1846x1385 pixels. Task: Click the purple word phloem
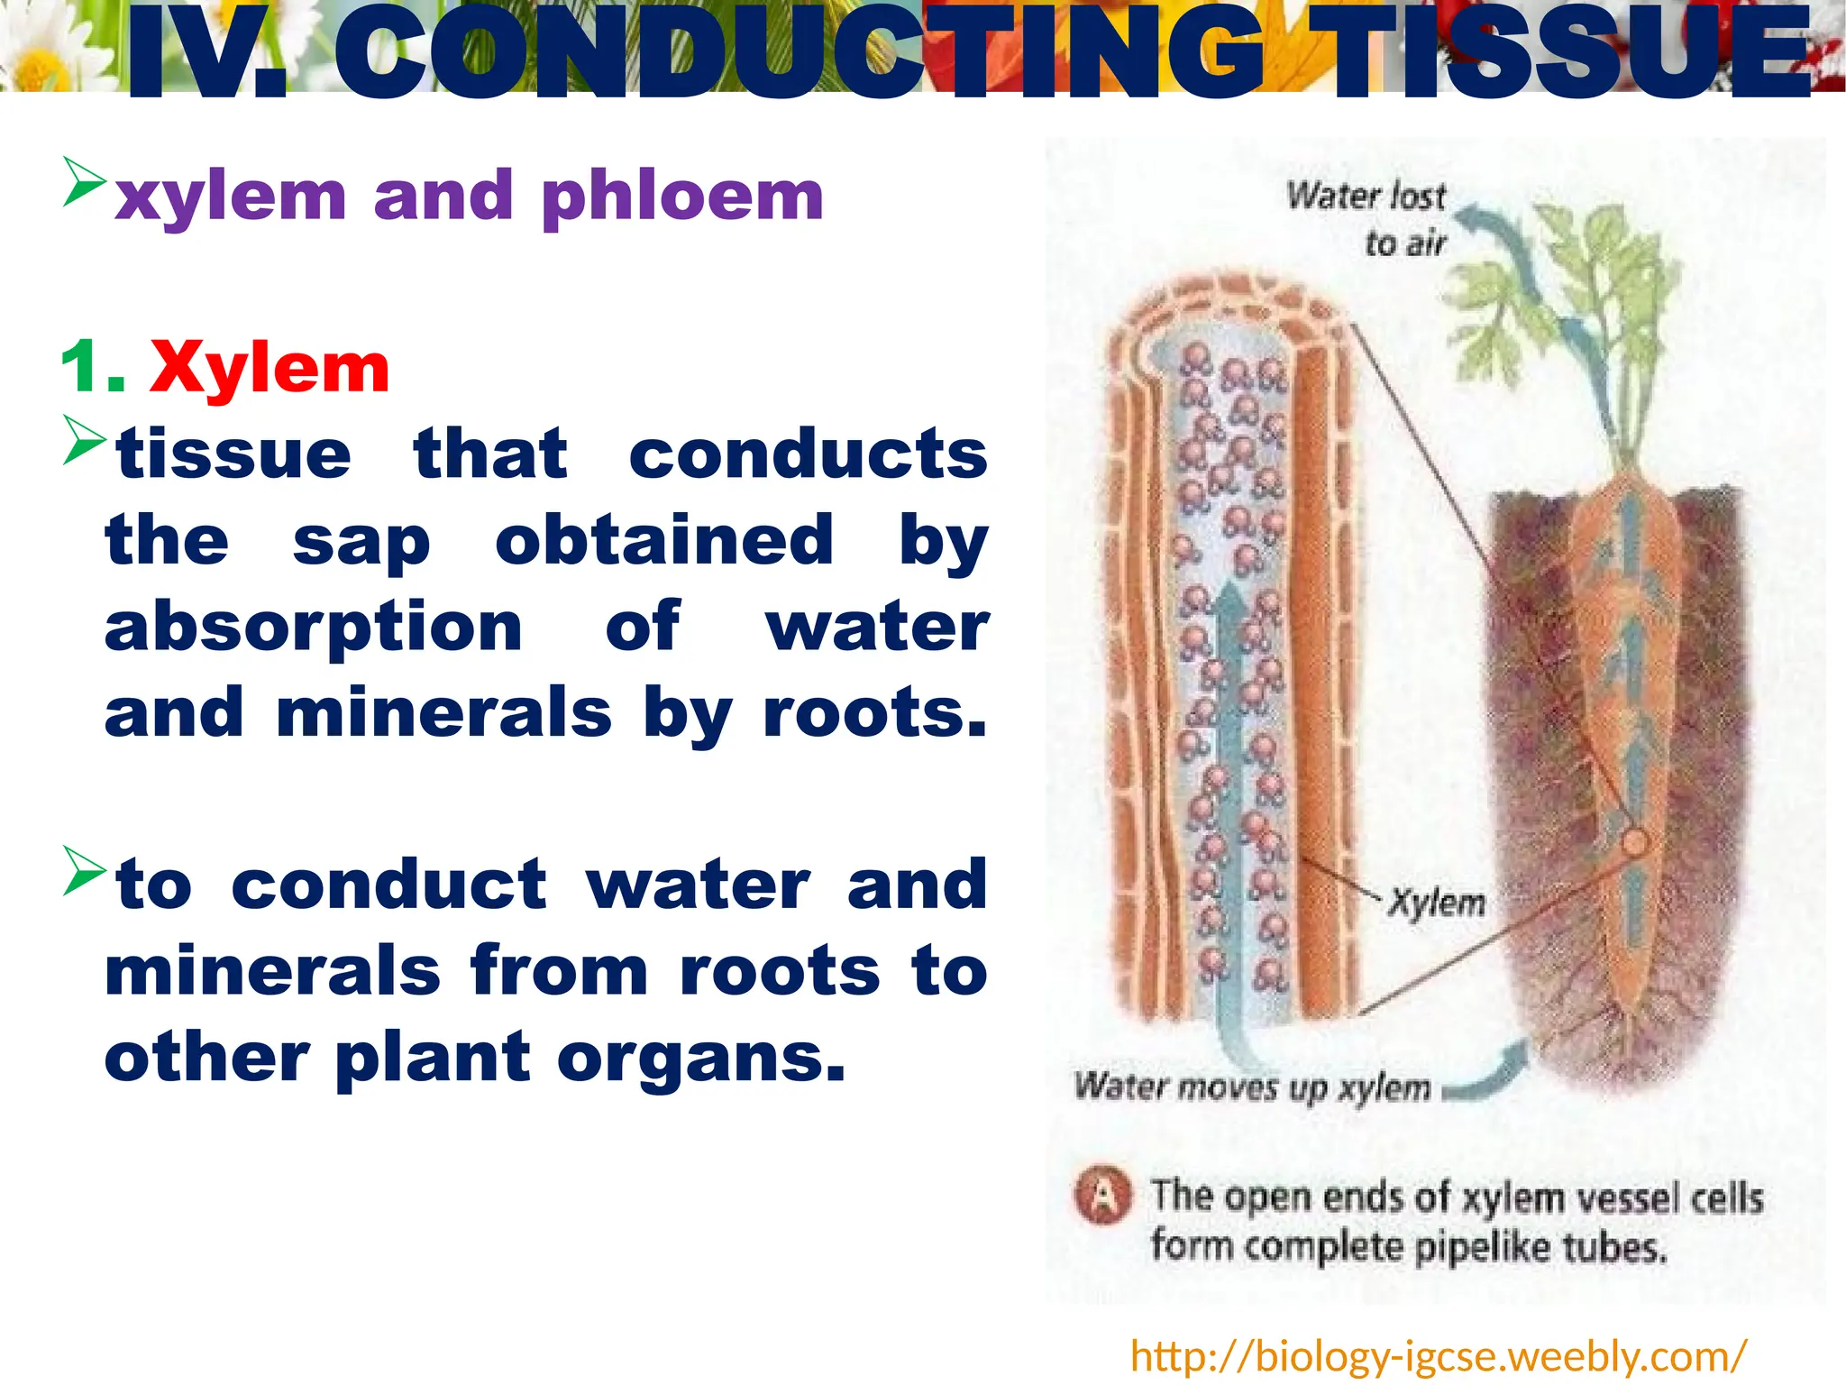683,197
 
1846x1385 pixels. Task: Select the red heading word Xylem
270,368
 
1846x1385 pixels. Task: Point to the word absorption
313,627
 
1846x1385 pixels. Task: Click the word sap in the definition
361,542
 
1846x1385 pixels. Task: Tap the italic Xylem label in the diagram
1436,902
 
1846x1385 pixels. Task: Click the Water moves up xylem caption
1252,1087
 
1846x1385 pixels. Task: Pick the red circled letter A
1102,1196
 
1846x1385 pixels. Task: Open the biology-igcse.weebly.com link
1438,1355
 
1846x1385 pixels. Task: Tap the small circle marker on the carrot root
1635,844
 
